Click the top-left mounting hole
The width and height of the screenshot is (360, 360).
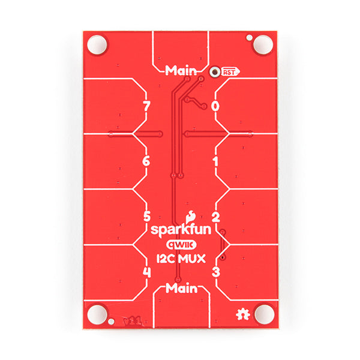pos(96,44)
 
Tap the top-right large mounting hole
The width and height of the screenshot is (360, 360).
pos(262,44)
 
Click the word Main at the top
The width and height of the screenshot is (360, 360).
pos(181,70)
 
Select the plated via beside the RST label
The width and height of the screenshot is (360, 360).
pos(214,71)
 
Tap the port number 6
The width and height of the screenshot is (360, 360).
pos(146,161)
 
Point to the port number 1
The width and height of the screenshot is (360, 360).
pos(215,161)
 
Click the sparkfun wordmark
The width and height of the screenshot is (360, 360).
pos(179,230)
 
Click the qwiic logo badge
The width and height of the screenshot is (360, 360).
pos(181,245)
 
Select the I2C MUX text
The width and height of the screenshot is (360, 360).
pos(181,259)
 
